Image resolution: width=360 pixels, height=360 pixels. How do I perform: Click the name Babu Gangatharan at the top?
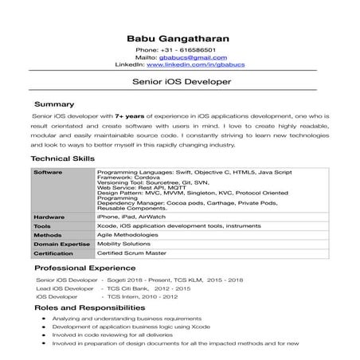[x=179, y=37]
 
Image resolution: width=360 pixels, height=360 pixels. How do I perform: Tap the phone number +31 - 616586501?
[x=187, y=49]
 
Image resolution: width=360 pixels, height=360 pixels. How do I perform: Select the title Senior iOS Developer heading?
[x=180, y=82]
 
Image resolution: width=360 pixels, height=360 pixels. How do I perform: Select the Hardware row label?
[x=49, y=217]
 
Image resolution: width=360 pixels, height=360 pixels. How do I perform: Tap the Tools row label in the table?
[x=42, y=226]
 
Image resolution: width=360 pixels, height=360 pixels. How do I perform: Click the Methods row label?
[x=47, y=236]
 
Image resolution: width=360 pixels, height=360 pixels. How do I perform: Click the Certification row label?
[x=54, y=254]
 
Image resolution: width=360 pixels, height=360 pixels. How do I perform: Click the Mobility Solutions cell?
[x=124, y=245]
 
